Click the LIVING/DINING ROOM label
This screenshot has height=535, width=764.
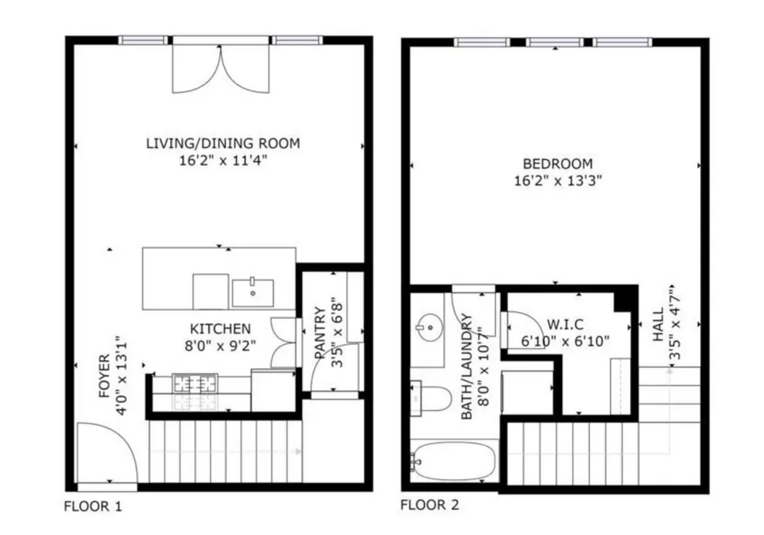coord(223,143)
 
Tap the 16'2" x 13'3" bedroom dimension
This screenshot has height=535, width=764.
coord(558,181)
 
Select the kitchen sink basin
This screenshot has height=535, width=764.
coord(253,292)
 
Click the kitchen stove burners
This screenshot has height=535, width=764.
coord(195,383)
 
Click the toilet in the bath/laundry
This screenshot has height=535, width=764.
coord(430,398)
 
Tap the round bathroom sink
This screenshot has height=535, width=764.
coord(430,327)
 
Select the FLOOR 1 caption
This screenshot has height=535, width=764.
coord(93,506)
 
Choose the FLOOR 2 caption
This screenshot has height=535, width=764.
coord(429,505)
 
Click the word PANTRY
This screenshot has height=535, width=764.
coord(320,333)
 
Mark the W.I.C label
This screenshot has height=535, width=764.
coord(565,324)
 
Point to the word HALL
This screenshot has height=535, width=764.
coord(658,324)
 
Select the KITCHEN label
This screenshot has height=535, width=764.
coord(220,329)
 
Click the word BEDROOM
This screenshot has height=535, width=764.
coord(558,164)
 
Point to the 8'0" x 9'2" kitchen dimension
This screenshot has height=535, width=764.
coord(220,346)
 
